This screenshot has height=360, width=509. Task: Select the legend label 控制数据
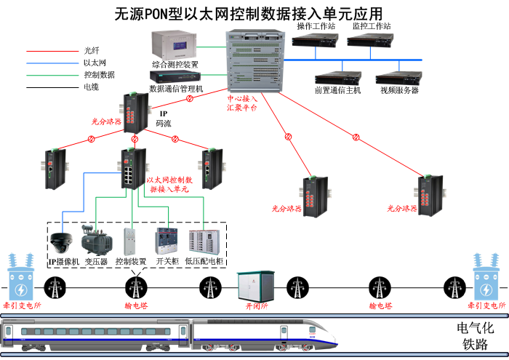click(99, 74)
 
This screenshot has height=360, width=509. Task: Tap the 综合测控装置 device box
click(173, 45)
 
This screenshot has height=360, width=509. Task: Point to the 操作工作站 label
click(316, 25)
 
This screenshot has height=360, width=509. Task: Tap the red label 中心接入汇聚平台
click(242, 102)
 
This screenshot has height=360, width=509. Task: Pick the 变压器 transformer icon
click(95, 239)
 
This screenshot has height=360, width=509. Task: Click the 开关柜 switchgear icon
click(167, 241)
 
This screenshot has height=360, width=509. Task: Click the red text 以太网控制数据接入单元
click(170, 183)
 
